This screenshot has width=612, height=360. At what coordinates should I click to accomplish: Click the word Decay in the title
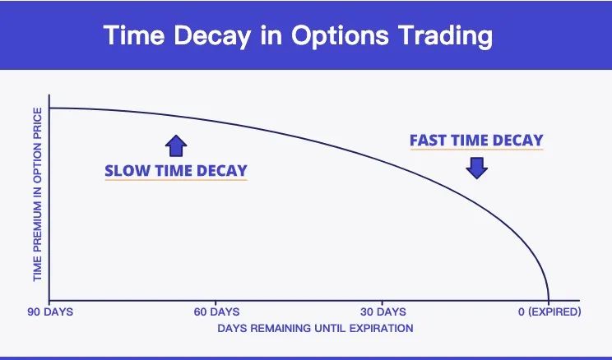click(211, 36)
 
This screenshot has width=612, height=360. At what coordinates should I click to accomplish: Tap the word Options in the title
click(340, 36)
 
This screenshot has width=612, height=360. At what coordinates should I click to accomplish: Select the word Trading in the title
click(445, 36)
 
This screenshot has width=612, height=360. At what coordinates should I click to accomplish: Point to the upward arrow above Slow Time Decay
click(176, 145)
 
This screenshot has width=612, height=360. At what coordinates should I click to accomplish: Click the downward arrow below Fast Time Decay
click(476, 168)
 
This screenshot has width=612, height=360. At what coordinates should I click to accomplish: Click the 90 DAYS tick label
click(50, 312)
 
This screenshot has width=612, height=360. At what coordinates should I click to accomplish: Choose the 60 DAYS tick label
click(216, 312)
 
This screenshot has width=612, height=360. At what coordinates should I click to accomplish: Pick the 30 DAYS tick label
click(383, 312)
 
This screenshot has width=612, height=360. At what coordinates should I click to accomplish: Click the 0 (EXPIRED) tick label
click(549, 312)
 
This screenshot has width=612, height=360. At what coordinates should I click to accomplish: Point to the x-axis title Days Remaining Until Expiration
click(315, 329)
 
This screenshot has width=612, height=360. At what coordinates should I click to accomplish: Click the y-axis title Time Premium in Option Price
click(38, 195)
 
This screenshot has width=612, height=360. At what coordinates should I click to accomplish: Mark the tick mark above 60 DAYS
click(216, 303)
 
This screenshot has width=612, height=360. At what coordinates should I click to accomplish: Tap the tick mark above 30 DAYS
click(382, 303)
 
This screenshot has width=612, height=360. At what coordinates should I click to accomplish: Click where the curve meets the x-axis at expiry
click(549, 300)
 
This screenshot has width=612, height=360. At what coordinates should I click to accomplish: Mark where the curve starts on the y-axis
click(49, 108)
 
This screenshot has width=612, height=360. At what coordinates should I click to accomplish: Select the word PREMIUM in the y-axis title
click(38, 226)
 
